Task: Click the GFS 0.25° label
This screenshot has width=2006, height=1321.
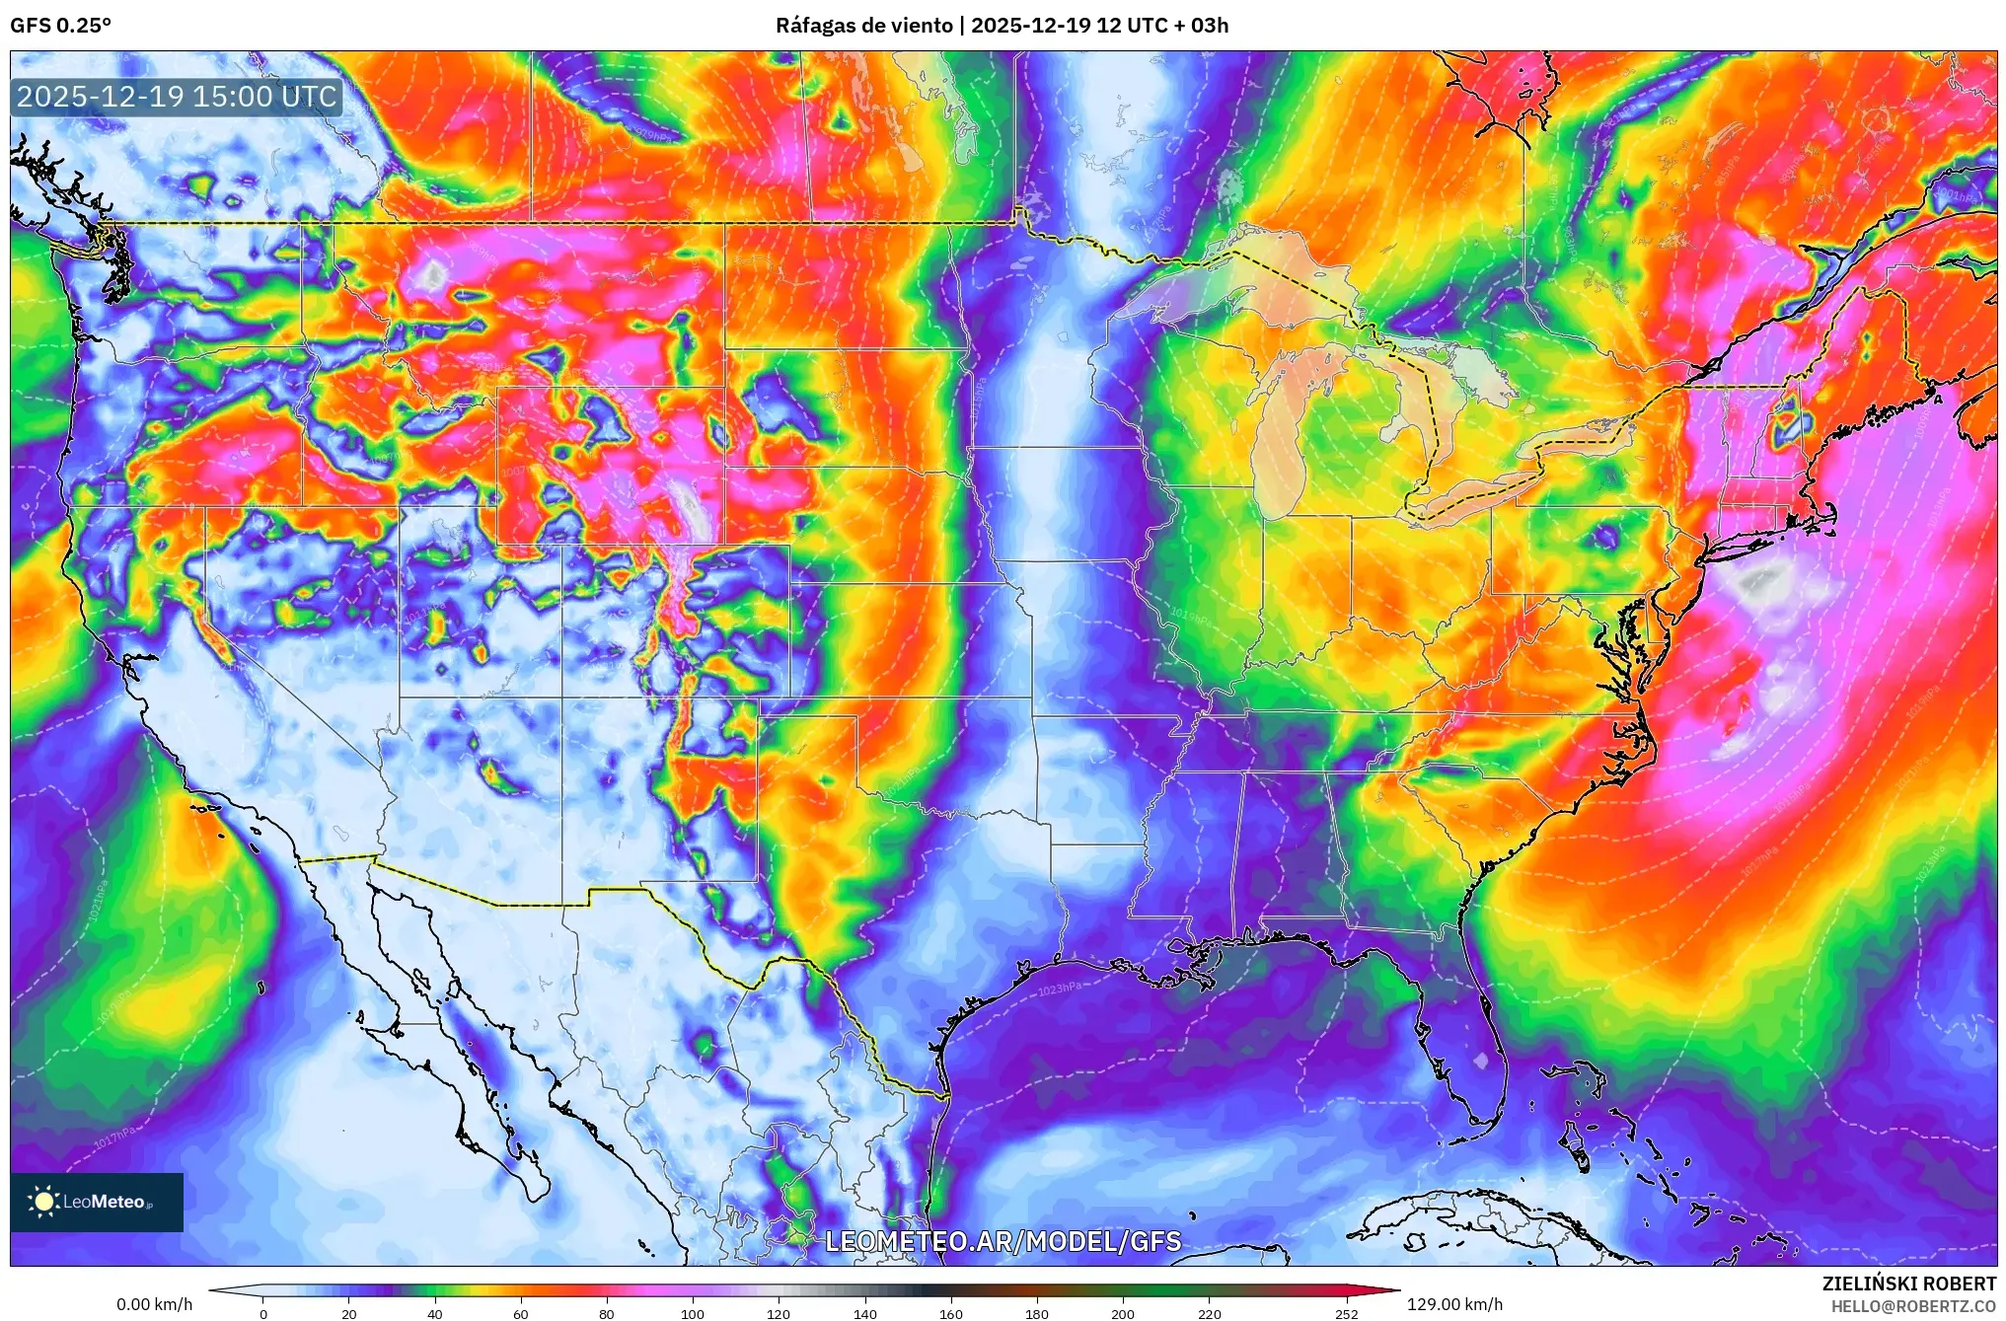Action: (60, 25)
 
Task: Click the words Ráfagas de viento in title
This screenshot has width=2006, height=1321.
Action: (863, 25)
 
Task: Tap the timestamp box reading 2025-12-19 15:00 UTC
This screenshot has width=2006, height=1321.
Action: (177, 97)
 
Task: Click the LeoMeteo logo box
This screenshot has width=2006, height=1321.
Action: (97, 1202)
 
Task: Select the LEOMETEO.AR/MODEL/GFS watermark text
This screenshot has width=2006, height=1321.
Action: (1003, 1241)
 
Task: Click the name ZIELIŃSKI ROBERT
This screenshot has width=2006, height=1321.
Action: (1908, 1284)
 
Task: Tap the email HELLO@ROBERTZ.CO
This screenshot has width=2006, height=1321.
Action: (1913, 1306)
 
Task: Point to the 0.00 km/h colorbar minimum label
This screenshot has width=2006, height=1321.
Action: (154, 1304)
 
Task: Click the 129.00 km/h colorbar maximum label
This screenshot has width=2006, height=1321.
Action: (1454, 1304)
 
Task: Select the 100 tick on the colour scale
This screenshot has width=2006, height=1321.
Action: (693, 1313)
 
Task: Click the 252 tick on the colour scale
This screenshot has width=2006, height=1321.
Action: (1346, 1313)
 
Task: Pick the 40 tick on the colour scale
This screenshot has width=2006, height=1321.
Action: (434, 1313)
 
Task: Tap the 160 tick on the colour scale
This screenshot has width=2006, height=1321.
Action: (951, 1313)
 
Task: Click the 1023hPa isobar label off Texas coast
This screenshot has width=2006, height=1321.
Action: (1059, 988)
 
